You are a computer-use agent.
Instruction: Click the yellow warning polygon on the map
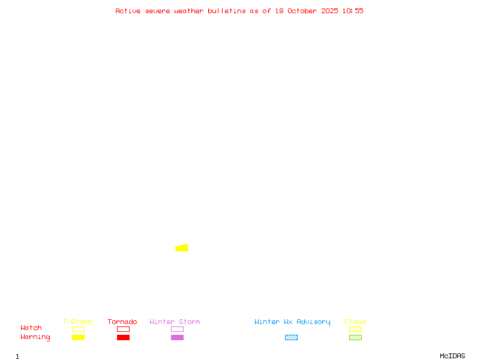click(182, 248)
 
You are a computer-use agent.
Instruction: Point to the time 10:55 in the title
click(353, 11)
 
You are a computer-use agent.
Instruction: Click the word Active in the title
click(128, 11)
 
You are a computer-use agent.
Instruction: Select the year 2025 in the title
click(330, 11)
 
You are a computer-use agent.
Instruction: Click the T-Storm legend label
click(77, 322)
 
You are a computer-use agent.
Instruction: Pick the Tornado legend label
click(122, 322)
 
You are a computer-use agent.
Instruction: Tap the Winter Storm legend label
click(175, 322)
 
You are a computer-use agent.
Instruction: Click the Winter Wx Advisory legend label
click(292, 322)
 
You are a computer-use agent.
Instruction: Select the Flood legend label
click(355, 322)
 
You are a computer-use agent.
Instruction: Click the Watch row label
click(31, 328)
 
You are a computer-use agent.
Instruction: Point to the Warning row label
click(35, 337)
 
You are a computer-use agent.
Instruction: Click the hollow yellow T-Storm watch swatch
click(78, 329)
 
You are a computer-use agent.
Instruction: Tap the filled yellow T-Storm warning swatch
click(78, 337)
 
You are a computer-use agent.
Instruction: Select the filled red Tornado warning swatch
click(123, 337)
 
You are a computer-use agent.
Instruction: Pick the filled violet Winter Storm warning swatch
click(177, 337)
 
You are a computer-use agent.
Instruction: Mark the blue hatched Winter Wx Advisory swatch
click(291, 337)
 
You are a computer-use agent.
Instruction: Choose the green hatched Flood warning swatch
click(355, 337)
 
